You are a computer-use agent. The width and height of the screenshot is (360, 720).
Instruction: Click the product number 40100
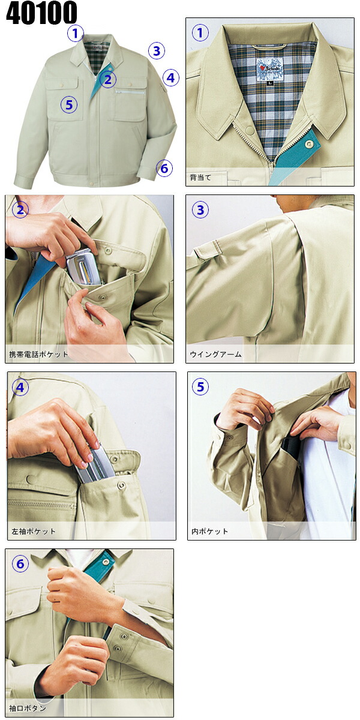click(41, 13)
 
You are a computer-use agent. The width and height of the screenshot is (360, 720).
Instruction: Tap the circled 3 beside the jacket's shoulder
click(157, 51)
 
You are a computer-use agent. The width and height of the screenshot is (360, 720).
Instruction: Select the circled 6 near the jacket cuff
click(164, 168)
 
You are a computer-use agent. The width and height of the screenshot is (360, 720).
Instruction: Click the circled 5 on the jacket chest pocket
click(69, 104)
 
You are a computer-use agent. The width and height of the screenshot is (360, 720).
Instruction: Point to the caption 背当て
click(200, 178)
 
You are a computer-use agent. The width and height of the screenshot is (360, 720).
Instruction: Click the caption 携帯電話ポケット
click(38, 354)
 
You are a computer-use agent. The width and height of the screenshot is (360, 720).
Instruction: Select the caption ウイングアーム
click(215, 354)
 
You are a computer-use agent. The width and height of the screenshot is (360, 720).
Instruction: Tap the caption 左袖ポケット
click(34, 531)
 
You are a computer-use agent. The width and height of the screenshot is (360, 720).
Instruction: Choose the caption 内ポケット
click(209, 531)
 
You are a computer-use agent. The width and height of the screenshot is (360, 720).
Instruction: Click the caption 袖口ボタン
click(28, 708)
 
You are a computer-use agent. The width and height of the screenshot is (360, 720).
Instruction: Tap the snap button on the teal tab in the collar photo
click(310, 143)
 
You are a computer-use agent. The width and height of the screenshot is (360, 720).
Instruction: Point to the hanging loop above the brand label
click(269, 47)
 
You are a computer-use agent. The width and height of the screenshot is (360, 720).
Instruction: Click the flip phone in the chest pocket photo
click(83, 268)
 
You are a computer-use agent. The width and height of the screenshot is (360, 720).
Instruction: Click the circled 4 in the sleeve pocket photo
click(20, 388)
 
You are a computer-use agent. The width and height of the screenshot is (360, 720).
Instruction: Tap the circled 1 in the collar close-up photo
click(200, 33)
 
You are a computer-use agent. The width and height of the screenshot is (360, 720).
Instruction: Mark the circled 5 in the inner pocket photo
click(200, 386)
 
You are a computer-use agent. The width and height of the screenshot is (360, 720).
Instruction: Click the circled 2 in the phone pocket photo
click(20, 209)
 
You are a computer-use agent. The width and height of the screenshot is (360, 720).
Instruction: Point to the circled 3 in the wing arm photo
click(200, 210)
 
